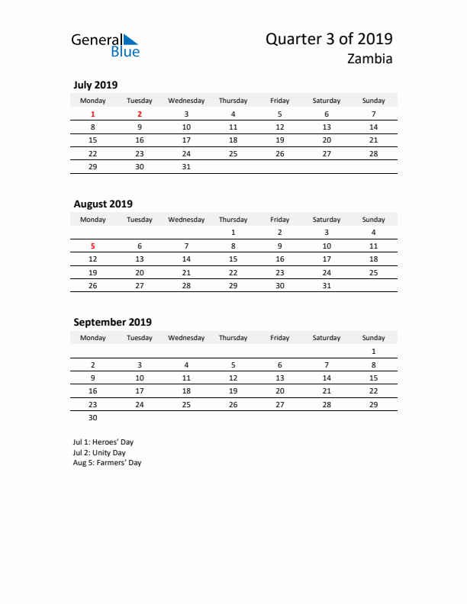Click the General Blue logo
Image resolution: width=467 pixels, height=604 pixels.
click(x=105, y=45)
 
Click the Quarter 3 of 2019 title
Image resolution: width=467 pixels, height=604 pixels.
click(x=330, y=39)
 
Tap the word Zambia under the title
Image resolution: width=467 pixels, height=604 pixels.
click(x=370, y=59)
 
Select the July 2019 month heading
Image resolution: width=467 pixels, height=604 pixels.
click(x=95, y=85)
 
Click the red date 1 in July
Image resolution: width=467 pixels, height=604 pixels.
click(x=93, y=114)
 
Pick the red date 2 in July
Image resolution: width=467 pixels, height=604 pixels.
click(x=140, y=114)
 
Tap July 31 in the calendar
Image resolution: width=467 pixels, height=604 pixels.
click(x=186, y=166)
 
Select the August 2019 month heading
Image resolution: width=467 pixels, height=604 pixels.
click(x=103, y=204)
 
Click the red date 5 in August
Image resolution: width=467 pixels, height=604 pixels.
click(x=93, y=246)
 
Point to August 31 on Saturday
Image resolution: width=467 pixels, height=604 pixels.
click(x=327, y=285)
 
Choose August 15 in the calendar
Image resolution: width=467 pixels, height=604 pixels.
click(x=233, y=259)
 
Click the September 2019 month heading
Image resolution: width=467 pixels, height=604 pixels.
click(x=112, y=322)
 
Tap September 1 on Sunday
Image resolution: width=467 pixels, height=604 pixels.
click(x=373, y=352)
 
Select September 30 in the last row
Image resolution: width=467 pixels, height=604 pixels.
click(x=93, y=417)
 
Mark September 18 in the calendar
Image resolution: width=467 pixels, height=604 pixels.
click(x=186, y=390)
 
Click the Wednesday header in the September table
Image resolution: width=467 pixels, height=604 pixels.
click(x=186, y=338)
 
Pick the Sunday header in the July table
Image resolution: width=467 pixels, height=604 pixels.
click(x=373, y=101)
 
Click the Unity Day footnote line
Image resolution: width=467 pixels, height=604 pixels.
click(x=99, y=452)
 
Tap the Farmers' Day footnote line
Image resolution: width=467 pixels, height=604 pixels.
click(x=107, y=462)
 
